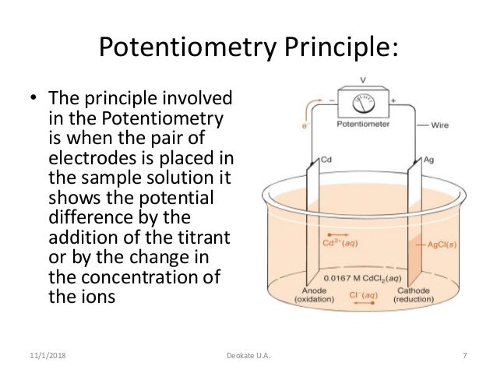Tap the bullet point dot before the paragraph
click(x=31, y=100)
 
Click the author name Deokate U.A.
click(x=248, y=357)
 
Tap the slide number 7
click(x=464, y=357)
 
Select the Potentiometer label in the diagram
click(x=364, y=123)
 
